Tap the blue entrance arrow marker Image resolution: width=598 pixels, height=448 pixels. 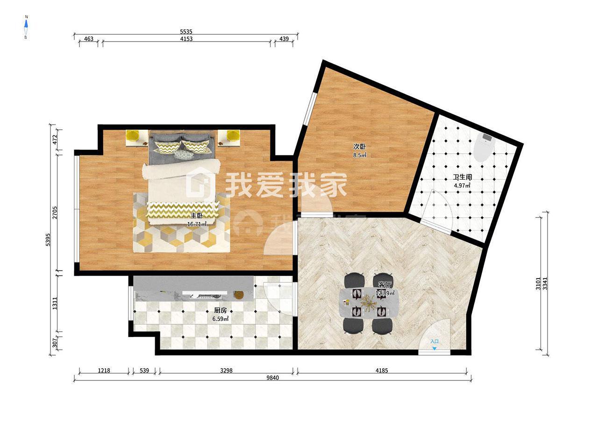[x=434, y=349]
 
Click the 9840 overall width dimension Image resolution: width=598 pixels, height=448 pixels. [x=272, y=378]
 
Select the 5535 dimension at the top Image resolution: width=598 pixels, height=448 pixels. [x=186, y=32]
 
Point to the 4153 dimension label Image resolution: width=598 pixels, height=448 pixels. [x=186, y=39]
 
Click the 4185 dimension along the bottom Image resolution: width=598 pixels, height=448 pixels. [x=381, y=370]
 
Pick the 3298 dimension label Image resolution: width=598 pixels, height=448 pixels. [x=226, y=370]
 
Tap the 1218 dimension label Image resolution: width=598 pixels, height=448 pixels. [x=104, y=370]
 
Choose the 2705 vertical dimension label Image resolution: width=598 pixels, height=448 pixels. [x=55, y=213]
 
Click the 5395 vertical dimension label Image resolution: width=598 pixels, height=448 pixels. [x=48, y=240]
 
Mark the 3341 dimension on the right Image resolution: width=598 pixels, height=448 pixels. [x=545, y=283]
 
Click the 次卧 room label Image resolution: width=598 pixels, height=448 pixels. [x=359, y=147]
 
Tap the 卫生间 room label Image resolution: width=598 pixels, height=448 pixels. [x=463, y=177]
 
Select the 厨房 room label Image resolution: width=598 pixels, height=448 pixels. [x=221, y=310]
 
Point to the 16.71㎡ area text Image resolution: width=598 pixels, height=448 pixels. [x=197, y=224]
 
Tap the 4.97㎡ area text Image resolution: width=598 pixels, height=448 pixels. [x=462, y=186]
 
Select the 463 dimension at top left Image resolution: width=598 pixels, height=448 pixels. [x=89, y=39]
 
